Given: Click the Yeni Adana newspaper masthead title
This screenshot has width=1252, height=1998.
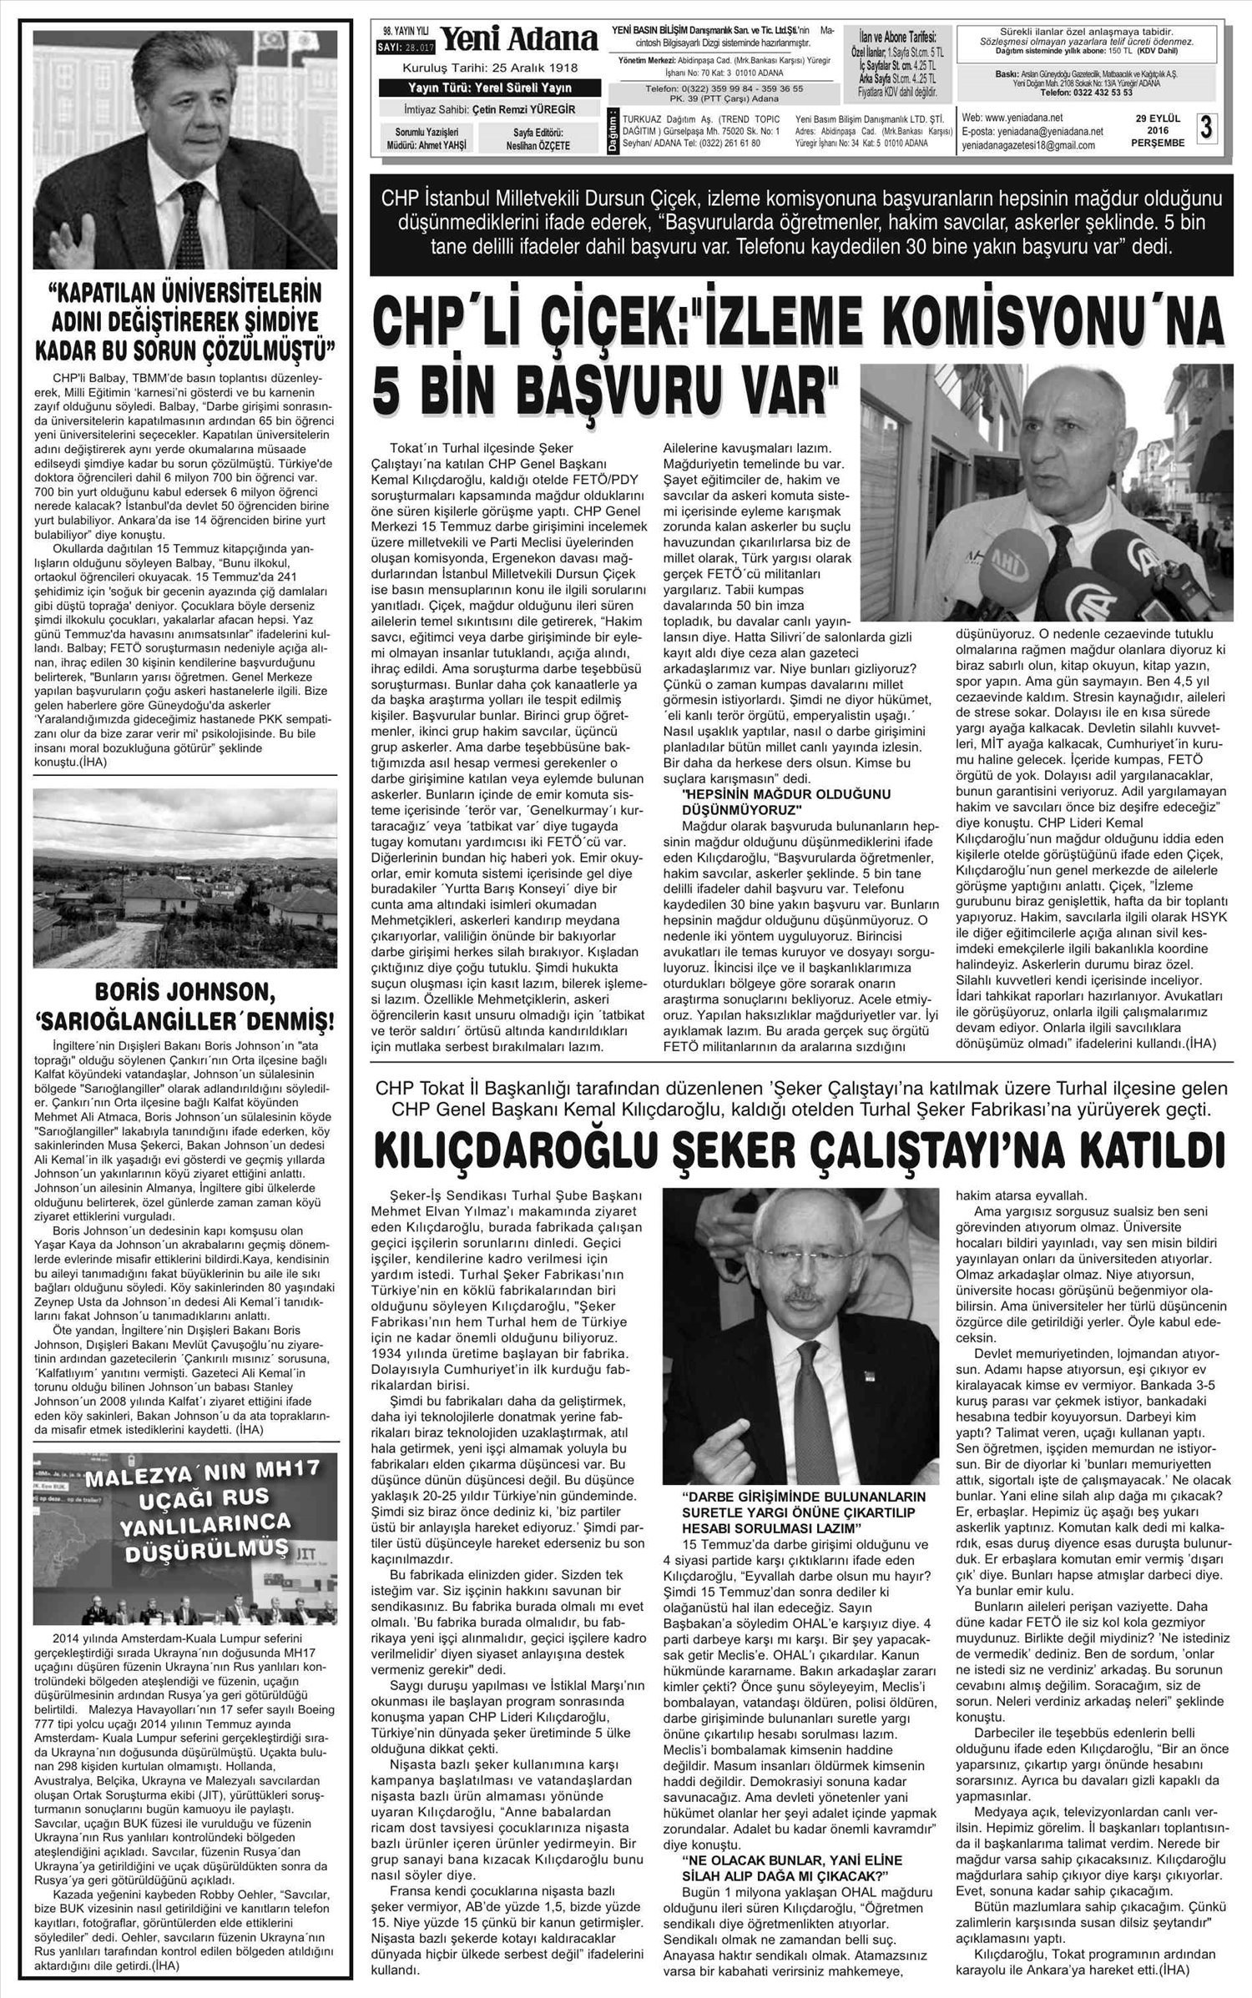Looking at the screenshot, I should [x=518, y=39].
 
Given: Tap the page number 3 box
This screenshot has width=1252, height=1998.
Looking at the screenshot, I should [x=1205, y=128].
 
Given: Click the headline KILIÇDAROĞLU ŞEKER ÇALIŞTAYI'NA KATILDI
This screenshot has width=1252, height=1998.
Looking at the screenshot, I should [x=800, y=1151].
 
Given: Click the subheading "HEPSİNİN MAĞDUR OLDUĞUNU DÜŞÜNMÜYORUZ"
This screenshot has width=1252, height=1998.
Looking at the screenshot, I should [x=775, y=801].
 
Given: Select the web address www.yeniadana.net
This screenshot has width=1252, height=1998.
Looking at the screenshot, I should [x=1012, y=117].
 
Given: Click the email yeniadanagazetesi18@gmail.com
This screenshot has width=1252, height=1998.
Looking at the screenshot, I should [x=1028, y=145].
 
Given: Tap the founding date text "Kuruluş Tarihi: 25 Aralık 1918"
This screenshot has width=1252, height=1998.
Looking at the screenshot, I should [x=489, y=68].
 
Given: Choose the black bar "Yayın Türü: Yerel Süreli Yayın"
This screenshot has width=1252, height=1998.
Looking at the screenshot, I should [x=489, y=88].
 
